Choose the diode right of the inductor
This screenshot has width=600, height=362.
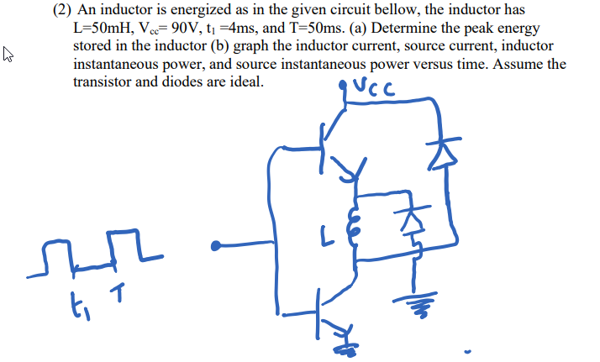[x=412, y=220]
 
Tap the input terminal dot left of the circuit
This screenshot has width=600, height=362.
[x=217, y=246]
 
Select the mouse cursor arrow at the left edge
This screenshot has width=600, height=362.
[x=9, y=57]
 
